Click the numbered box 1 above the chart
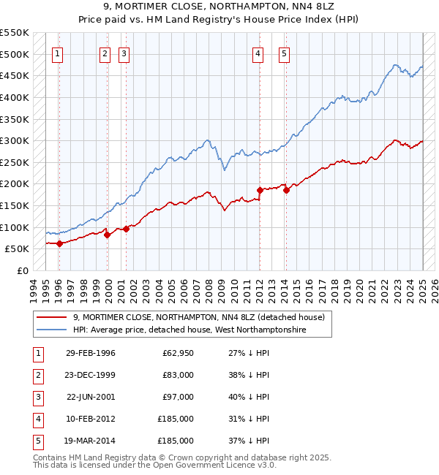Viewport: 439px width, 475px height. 57,53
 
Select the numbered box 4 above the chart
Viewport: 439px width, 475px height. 258,53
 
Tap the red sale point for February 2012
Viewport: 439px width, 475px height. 260,190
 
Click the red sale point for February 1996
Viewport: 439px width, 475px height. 59,243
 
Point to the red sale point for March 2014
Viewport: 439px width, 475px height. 286,191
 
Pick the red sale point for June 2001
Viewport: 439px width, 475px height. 126,229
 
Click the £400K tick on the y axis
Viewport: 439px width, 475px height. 15,97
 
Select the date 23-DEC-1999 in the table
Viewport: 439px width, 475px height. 90,375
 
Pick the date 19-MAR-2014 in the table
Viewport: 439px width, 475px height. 90,441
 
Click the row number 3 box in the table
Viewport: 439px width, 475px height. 37,397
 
